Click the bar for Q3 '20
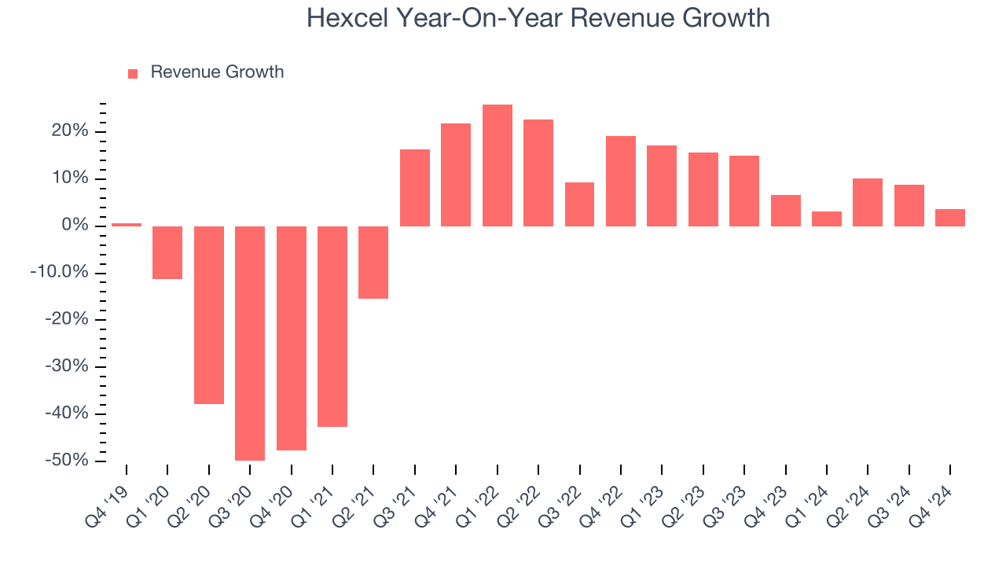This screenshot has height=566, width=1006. point(250,343)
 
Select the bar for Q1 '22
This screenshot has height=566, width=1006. point(497,165)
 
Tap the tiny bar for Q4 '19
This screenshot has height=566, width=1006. point(127,225)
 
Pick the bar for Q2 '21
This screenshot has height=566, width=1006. point(373,263)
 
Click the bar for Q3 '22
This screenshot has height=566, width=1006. point(579,204)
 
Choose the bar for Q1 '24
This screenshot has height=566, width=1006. point(826,219)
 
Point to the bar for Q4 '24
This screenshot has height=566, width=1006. point(949,218)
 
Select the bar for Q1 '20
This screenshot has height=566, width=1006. point(167,252)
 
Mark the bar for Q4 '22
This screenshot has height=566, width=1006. point(620,181)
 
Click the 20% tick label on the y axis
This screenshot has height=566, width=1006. point(70,131)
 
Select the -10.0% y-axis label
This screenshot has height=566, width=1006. point(59,273)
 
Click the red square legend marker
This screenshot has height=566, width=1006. point(133,73)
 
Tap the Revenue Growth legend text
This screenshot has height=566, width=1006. point(217,72)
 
